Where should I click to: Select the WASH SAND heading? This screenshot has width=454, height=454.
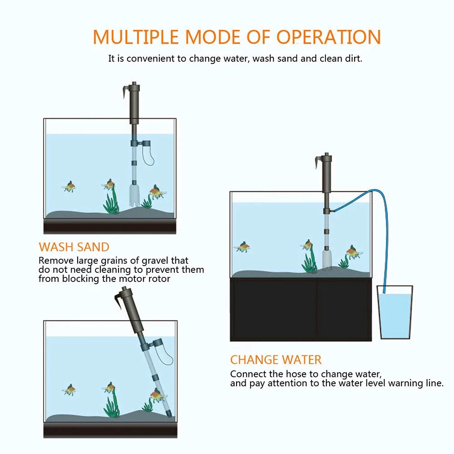74,247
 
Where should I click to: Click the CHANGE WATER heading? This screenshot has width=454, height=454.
276,360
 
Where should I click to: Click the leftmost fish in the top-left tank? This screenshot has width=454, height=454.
69,186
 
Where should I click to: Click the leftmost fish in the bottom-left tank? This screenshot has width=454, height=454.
69,390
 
